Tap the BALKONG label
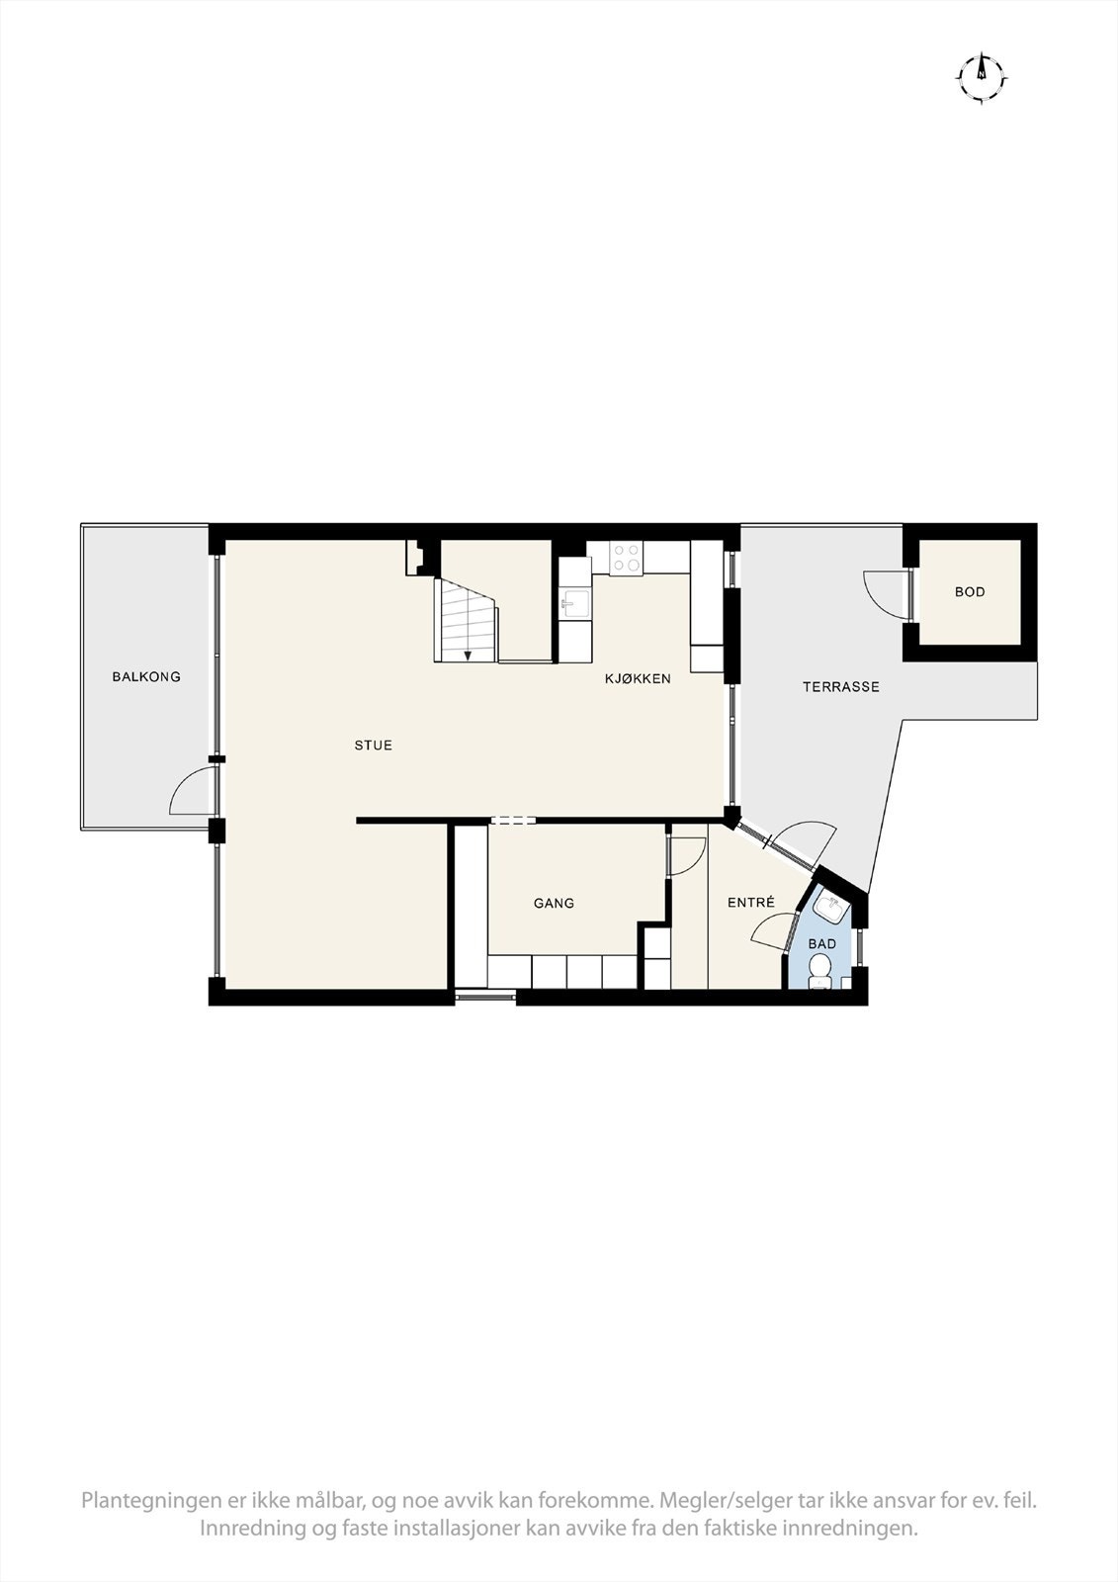(146, 677)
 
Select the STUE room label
(374, 746)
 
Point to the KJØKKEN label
(639, 679)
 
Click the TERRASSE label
(840, 686)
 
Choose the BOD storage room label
(970, 592)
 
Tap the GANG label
(554, 903)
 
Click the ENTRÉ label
(750, 903)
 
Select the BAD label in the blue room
(822, 944)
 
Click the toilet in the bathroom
(819, 976)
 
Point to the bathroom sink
(826, 906)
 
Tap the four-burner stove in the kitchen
(625, 559)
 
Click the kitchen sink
(574, 601)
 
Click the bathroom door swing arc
(772, 931)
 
